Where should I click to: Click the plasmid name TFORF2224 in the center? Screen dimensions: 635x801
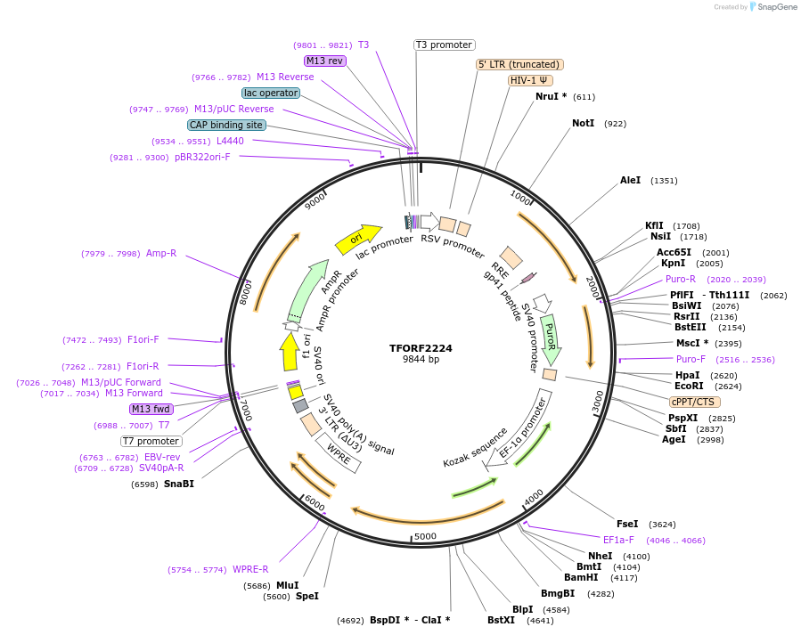point(421,348)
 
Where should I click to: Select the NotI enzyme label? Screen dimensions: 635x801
point(583,123)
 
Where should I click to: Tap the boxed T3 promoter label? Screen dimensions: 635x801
point(445,45)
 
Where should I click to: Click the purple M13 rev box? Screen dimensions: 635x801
point(324,61)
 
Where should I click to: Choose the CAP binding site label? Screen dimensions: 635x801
point(226,125)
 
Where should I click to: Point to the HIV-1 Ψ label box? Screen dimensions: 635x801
point(529,80)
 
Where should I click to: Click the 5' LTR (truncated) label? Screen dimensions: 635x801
point(519,64)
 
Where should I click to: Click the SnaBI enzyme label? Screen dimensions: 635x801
point(178,484)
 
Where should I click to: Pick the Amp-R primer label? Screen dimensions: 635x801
point(161,253)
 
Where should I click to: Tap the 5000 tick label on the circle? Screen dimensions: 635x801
point(425,537)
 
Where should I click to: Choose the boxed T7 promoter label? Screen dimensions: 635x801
point(151,441)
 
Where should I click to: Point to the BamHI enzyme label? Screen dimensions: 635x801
point(581,577)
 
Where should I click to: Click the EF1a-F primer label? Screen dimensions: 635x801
point(618,540)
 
